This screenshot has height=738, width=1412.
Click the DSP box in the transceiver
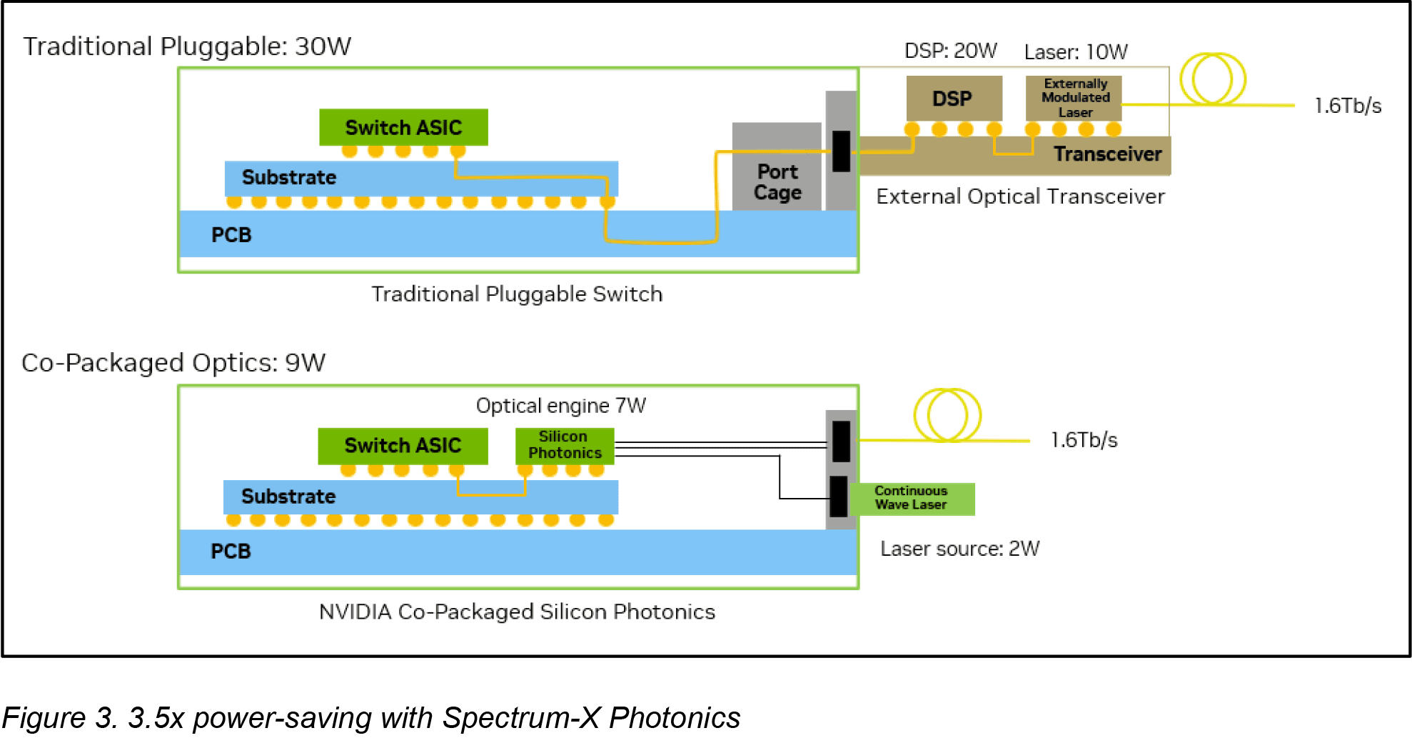954,99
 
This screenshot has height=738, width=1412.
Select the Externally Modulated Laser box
1074,99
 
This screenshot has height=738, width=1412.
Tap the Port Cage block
777,167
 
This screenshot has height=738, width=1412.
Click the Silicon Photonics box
565,446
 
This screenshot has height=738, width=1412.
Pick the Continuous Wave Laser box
912,499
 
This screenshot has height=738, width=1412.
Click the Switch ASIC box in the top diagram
403,127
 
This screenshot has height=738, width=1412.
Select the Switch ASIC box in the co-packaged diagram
403,446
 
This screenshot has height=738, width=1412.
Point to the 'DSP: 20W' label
950,51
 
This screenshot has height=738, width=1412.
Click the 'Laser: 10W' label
1076,52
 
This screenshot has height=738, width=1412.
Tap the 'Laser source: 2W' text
959,549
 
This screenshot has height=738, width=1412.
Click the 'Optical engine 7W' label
560,406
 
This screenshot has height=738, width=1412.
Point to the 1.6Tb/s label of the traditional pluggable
1348,106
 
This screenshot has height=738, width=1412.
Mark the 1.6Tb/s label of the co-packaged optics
1084,440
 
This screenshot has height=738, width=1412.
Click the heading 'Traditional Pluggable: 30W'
187,46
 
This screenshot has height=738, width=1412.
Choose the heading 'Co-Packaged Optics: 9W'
173,363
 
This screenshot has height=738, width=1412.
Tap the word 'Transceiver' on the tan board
1108,154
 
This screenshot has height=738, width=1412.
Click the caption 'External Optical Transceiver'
1020,196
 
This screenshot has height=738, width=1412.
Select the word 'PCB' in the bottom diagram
231,552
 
